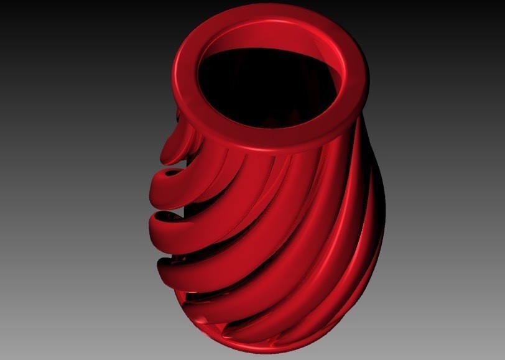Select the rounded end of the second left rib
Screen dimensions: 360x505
(x=155, y=184)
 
